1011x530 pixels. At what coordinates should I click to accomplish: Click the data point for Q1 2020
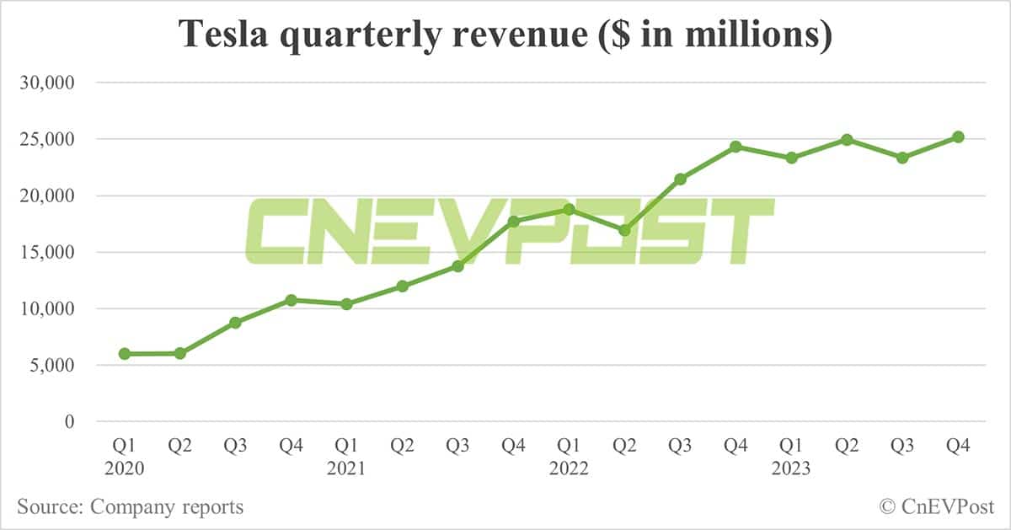click(125, 354)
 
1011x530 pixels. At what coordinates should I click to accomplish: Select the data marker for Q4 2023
click(958, 137)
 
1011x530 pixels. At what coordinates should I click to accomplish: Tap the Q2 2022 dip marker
click(624, 230)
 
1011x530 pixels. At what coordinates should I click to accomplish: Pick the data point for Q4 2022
click(736, 147)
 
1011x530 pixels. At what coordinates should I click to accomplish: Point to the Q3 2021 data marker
click(458, 266)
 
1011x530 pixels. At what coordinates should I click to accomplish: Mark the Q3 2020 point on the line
click(236, 323)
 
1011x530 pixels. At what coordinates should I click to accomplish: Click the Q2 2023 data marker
click(847, 140)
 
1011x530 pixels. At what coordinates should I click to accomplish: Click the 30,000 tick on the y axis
click(52, 83)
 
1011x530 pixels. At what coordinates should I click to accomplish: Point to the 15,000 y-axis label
click(52, 252)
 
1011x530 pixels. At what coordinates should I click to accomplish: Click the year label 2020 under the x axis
click(125, 468)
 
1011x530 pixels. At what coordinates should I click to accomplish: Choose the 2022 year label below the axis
click(570, 468)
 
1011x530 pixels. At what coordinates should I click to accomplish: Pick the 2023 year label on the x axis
click(792, 468)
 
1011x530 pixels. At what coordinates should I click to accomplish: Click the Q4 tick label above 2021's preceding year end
click(292, 447)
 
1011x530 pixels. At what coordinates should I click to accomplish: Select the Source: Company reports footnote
click(131, 506)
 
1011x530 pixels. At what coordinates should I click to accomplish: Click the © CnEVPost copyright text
click(936, 506)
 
